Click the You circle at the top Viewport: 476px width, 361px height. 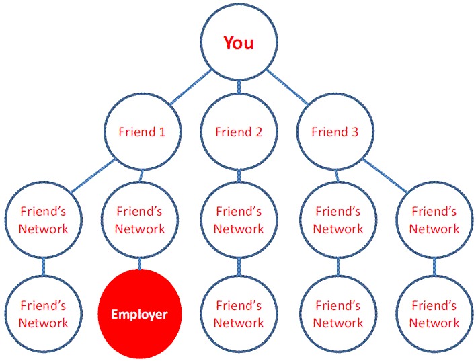239,42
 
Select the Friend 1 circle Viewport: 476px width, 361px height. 143,132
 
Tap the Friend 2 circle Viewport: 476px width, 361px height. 239,132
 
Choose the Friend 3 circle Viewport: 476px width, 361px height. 335,132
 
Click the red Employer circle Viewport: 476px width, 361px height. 140,314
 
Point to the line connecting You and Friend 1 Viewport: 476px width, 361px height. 191,87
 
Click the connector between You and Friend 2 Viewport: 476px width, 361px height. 239,87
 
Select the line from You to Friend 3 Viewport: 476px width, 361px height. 288,87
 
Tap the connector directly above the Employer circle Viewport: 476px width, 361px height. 140,264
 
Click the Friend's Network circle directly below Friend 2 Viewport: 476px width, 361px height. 239,220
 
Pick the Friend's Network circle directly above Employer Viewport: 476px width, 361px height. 140,220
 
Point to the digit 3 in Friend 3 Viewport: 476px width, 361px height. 354,132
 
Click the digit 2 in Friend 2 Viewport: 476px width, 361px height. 258,132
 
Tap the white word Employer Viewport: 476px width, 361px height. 139,315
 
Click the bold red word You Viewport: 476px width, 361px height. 239,42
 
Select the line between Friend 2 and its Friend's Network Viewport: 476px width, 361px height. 239,175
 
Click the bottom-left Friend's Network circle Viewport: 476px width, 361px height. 44,314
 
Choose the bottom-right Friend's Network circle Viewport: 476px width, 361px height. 434,314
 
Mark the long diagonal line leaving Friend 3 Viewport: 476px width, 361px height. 385,175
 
